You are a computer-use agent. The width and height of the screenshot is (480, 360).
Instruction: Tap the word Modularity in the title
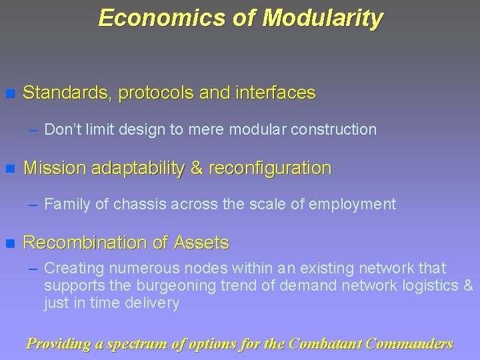[x=323, y=18]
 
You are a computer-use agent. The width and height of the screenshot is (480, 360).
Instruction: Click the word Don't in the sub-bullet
[x=62, y=129]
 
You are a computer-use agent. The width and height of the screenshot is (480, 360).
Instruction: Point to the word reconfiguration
[x=269, y=168]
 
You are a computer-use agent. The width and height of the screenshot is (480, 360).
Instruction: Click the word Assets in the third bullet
[x=202, y=243]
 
